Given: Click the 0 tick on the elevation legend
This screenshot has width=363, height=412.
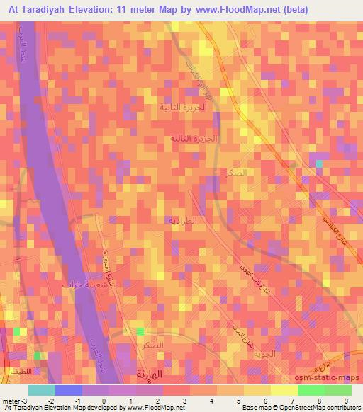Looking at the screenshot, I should pyautogui.click(x=104, y=400).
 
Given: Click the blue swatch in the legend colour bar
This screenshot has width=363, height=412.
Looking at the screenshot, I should pyautogui.click(x=69, y=390).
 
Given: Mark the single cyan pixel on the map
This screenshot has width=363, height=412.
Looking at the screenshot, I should pyautogui.click(x=319, y=164).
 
